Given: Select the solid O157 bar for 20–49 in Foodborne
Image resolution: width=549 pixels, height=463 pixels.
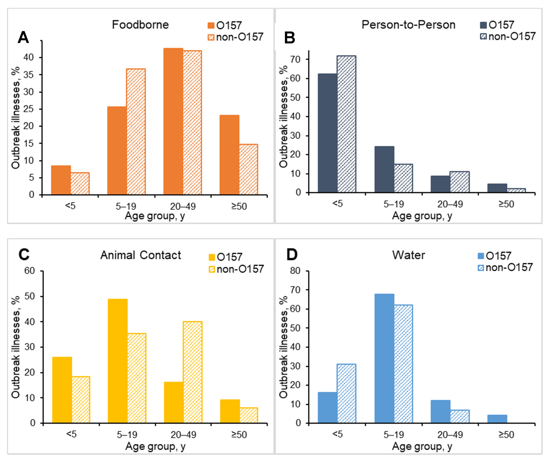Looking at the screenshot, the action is [173, 121].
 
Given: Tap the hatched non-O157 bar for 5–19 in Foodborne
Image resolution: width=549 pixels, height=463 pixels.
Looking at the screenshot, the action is [136, 131].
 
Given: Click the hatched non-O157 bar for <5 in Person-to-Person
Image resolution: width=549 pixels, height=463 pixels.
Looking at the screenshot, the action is [346, 124].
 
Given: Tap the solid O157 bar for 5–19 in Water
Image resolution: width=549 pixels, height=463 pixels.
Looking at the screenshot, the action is [384, 358].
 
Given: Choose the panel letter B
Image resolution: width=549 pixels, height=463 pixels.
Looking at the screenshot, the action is [290, 38].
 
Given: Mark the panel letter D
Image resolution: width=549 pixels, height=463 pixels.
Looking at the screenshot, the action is [292, 254].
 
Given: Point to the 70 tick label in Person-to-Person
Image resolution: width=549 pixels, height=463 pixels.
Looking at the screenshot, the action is [295, 59].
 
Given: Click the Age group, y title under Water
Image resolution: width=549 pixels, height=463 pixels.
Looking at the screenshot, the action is [422, 446].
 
